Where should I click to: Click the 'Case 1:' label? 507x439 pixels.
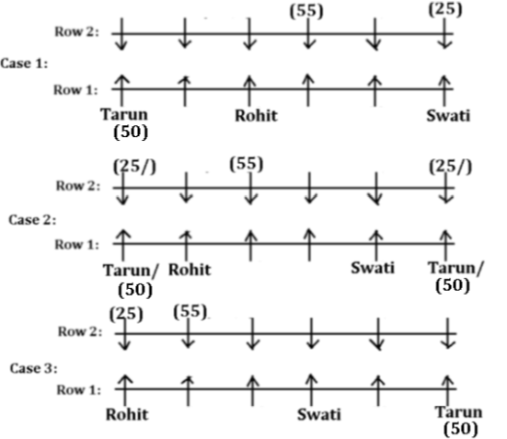(x=24, y=64)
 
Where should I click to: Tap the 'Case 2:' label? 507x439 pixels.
(x=32, y=220)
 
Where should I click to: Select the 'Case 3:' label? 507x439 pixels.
(x=34, y=368)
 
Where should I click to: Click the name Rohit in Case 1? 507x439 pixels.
(x=256, y=115)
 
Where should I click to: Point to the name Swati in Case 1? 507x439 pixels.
(x=448, y=115)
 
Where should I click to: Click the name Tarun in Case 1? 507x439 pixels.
(x=124, y=114)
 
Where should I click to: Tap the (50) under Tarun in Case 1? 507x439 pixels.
(x=131, y=132)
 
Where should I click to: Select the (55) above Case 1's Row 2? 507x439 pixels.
(x=306, y=11)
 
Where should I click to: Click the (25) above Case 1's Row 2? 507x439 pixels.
(x=445, y=8)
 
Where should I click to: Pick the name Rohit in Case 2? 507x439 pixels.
(x=190, y=270)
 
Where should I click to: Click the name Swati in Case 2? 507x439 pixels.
(x=373, y=268)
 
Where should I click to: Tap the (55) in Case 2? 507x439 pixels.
(x=247, y=164)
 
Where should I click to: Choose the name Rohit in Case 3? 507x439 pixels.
(x=127, y=414)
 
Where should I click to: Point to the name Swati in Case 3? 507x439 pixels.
(x=319, y=414)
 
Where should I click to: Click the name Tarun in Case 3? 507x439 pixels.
(x=459, y=412)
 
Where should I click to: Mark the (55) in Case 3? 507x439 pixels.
(x=190, y=312)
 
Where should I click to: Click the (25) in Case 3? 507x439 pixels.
(x=126, y=314)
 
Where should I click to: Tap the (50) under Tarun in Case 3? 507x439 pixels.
(x=460, y=429)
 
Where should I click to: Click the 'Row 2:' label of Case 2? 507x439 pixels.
(x=78, y=186)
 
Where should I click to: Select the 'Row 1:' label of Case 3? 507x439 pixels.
(x=79, y=390)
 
